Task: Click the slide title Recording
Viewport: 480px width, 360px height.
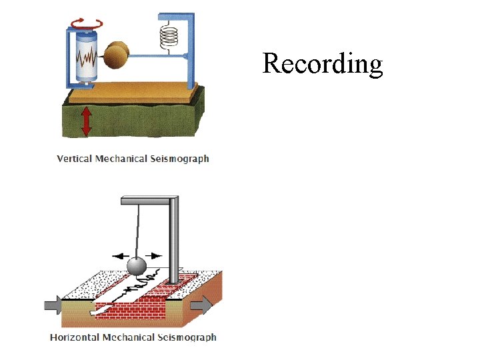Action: click(x=323, y=63)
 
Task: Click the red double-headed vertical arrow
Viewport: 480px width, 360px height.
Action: click(x=86, y=121)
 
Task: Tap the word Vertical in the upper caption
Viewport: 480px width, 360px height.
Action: click(x=74, y=159)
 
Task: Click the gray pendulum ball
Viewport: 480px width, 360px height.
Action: click(x=137, y=266)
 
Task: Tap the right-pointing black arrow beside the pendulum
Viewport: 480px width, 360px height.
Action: click(x=154, y=255)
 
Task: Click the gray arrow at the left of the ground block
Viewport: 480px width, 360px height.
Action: click(x=53, y=306)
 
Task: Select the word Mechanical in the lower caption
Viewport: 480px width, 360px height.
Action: click(x=129, y=337)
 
